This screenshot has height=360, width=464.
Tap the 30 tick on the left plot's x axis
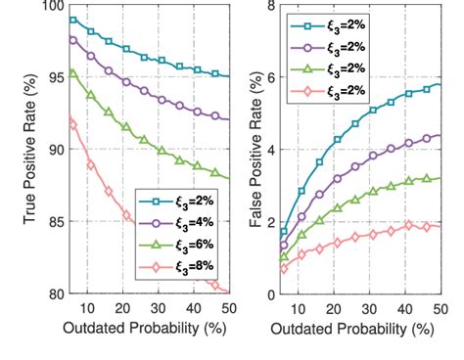pyautogui.click(x=160, y=307)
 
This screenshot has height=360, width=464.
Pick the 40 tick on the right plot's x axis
pyautogui.click(x=405, y=307)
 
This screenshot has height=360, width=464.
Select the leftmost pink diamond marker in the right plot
pyautogui.click(x=284, y=268)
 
